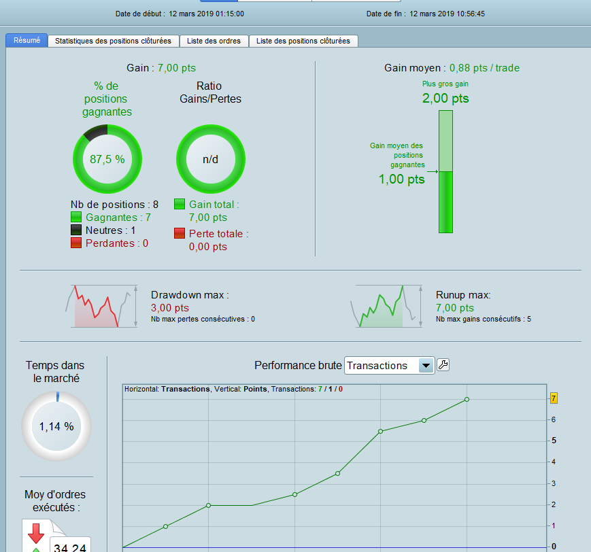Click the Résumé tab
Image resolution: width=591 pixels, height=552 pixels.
point(27,40)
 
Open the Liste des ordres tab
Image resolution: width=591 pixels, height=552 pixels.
point(214,41)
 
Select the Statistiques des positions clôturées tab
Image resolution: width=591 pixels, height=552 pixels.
point(113,41)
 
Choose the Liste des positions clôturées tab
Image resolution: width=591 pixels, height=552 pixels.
point(303,41)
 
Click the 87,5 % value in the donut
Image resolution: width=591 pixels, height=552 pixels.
point(107,159)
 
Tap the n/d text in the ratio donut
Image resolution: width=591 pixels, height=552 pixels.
point(210,159)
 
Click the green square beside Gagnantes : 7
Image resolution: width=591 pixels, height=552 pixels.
point(76,217)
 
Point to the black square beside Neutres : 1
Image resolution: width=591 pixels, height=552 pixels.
point(76,230)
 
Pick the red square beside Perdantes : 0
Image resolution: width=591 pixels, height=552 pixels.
point(76,243)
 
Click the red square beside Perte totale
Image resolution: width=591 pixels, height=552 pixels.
point(180,233)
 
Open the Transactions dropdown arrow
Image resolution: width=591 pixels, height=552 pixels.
point(426,366)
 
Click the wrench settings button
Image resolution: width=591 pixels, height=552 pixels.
point(443,365)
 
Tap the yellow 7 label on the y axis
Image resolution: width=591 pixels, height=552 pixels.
point(554,398)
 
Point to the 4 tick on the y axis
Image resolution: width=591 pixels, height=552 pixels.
point(554,462)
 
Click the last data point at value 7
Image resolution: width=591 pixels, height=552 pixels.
point(467,400)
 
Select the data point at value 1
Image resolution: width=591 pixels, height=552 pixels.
point(165,526)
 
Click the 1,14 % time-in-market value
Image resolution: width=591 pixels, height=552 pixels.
point(56,426)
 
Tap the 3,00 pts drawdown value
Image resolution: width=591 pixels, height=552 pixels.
point(170,308)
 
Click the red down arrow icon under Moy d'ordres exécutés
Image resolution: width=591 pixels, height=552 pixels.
point(36,533)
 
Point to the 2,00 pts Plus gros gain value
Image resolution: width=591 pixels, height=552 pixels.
point(445,99)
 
